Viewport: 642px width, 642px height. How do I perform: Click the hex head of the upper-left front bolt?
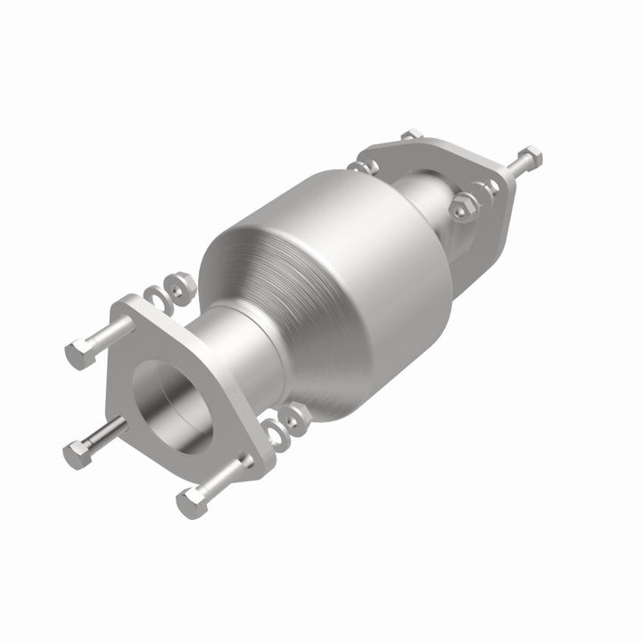coord(78,355)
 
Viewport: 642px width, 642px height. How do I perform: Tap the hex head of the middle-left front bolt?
coord(75,455)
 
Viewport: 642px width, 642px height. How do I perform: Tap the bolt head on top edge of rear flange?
coord(411,136)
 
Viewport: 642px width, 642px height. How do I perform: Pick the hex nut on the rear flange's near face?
coord(461,209)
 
